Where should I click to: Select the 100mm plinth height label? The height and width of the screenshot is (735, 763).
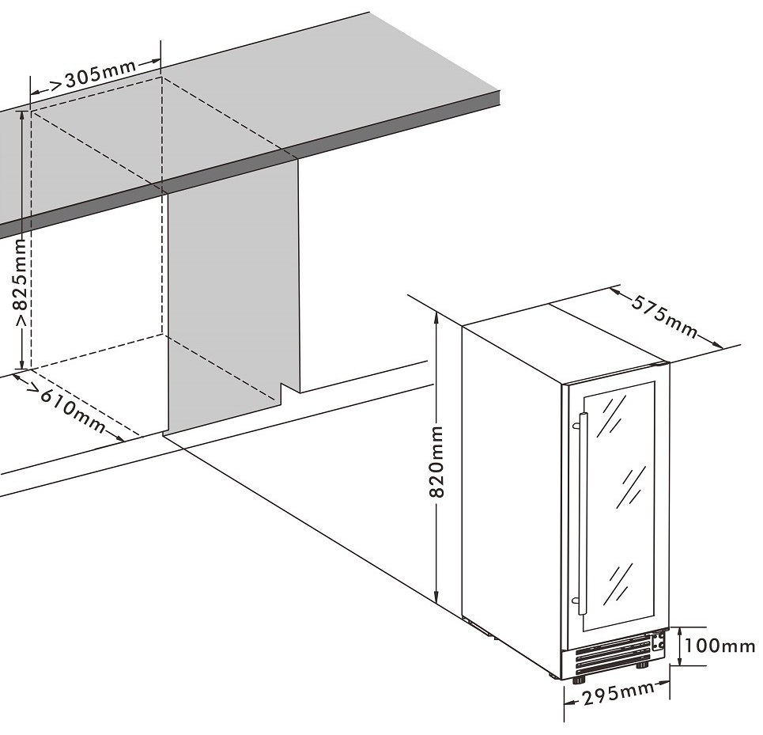(x=720, y=646)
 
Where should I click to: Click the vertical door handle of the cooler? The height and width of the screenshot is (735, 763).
(x=582, y=514)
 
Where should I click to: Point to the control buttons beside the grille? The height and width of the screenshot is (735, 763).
(x=656, y=640)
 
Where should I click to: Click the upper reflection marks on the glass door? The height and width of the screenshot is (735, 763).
(x=613, y=415)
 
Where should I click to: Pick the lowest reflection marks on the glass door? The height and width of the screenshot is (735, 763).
(x=618, y=582)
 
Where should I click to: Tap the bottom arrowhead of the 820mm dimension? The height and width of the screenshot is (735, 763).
(x=436, y=598)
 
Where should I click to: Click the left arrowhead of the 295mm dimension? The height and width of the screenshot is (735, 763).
(x=568, y=699)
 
